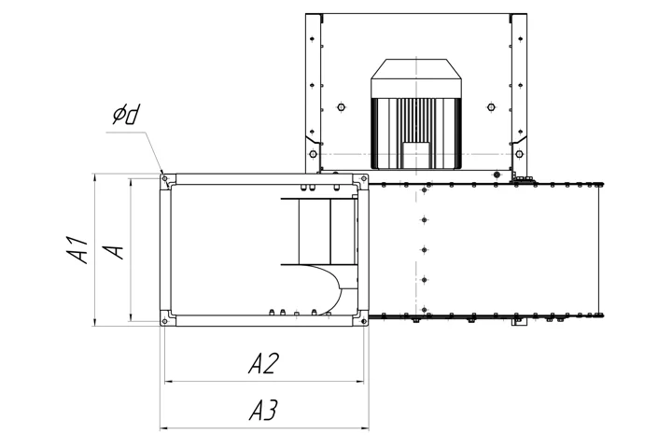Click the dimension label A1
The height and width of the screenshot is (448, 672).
click(77, 249)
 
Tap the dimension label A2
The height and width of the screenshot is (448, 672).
click(263, 364)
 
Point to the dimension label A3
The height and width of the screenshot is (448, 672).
click(263, 410)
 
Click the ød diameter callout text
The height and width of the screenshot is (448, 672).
click(126, 115)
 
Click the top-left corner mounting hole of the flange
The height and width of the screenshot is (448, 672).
click(164, 177)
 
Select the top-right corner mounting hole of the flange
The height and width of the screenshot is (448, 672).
click(364, 178)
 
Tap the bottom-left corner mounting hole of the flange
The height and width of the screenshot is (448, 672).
click(164, 321)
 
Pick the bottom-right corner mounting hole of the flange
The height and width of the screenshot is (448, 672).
click(364, 321)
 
